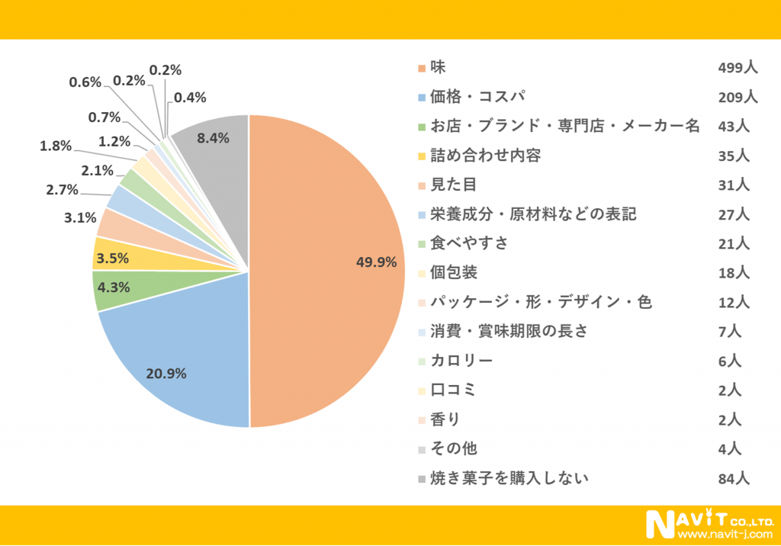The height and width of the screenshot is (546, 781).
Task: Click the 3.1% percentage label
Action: pos(80,217)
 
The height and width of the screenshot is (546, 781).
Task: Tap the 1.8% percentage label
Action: pos(56,145)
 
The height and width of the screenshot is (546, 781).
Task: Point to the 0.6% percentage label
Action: pos(85,82)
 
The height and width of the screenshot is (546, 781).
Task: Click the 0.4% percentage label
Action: pos(190,98)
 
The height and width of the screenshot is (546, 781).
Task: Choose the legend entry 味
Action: pos(438,67)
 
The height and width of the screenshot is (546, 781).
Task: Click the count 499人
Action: pos(737,68)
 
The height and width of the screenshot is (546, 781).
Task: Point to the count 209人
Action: pos(737,97)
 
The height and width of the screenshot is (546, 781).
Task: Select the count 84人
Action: pos(734,479)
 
